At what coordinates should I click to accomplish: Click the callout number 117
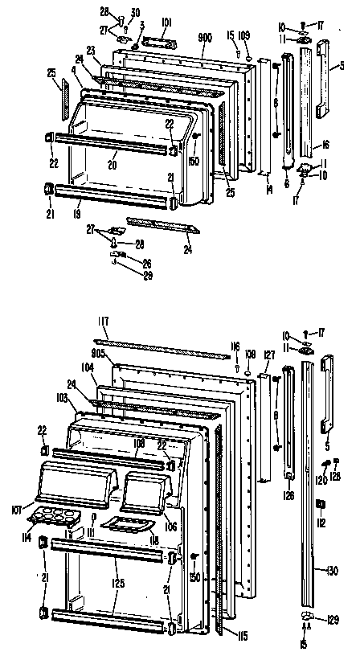[103, 323]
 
